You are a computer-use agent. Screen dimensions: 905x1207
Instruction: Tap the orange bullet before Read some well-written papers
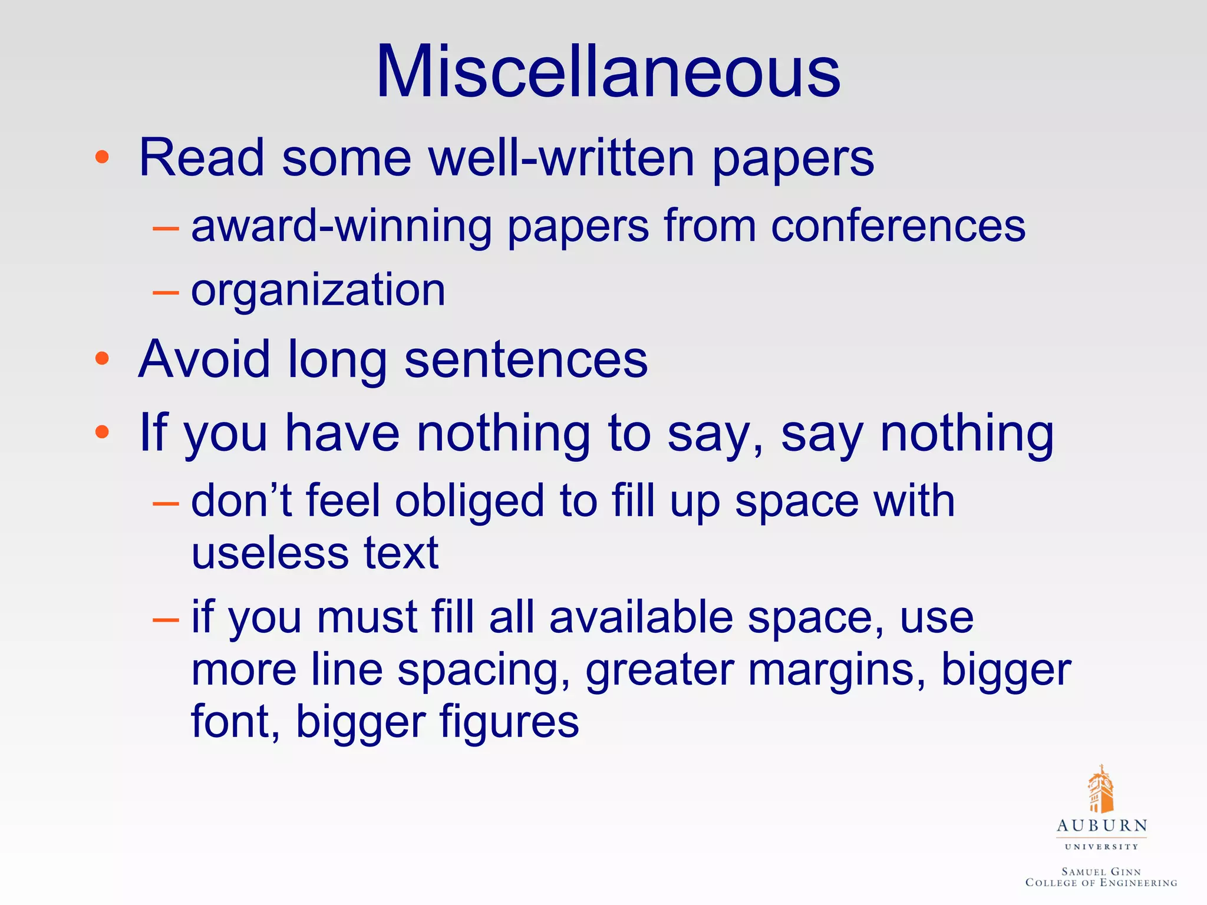point(102,157)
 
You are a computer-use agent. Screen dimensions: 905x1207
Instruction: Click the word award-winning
point(341,226)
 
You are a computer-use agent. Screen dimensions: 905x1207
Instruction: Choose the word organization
point(318,291)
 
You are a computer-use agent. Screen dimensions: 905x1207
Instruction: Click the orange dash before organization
point(165,292)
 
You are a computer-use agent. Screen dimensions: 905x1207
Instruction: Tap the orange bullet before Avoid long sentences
point(102,358)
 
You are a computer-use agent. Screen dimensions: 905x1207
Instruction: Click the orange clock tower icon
point(1100,790)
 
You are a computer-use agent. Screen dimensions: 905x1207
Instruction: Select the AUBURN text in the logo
point(1102,826)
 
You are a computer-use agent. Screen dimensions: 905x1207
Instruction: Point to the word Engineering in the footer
point(1138,883)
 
